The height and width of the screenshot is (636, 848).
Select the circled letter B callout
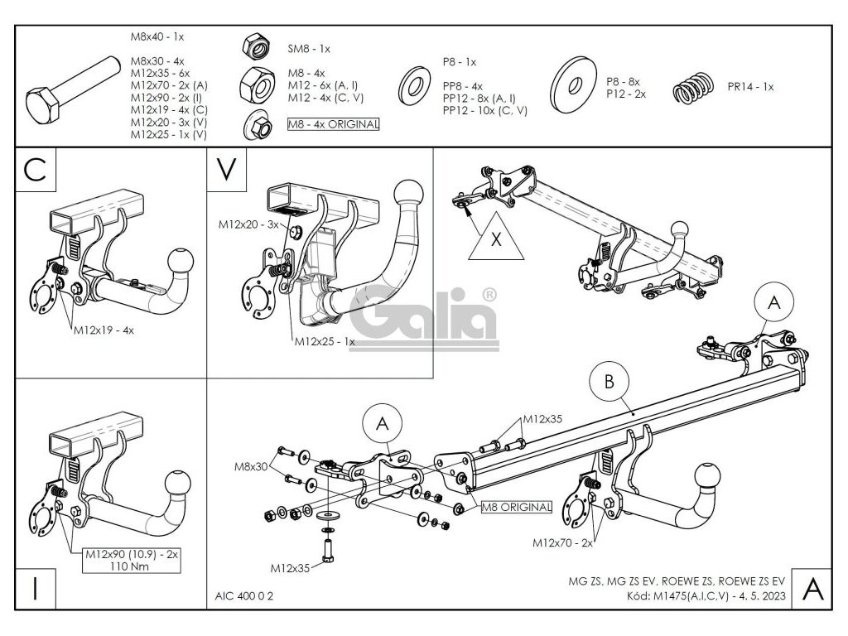(x=609, y=383)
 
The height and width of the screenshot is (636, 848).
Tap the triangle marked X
(x=495, y=240)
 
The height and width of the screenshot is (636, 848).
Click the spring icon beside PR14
(x=692, y=86)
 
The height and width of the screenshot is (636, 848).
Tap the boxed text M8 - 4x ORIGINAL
(x=332, y=124)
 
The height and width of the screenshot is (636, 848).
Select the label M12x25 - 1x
(x=323, y=341)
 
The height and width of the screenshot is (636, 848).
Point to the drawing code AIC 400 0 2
(x=243, y=595)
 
